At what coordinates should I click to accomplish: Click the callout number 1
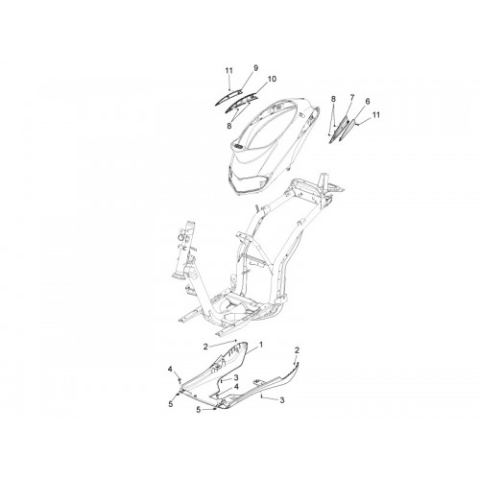point(261,345)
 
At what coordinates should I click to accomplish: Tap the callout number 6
point(368,102)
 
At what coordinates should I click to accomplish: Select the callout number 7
point(352,97)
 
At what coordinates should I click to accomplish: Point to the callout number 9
point(255,68)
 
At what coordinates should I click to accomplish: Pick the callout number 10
point(272,79)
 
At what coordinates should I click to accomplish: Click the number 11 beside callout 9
point(228,71)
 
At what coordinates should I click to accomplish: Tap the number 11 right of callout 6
point(376,114)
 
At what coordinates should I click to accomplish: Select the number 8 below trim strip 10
point(229,126)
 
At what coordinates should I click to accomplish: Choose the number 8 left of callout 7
point(333,99)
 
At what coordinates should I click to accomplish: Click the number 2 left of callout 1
point(205,347)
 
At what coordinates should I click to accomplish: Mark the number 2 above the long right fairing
point(297,350)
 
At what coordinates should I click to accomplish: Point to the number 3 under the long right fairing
point(282,400)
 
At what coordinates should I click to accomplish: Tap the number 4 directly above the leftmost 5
point(170,370)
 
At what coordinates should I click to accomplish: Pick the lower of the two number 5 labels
point(199,410)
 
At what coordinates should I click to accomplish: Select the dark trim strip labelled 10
point(242,102)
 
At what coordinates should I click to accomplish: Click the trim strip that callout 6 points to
point(348,131)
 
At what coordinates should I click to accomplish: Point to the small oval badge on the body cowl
point(237,146)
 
